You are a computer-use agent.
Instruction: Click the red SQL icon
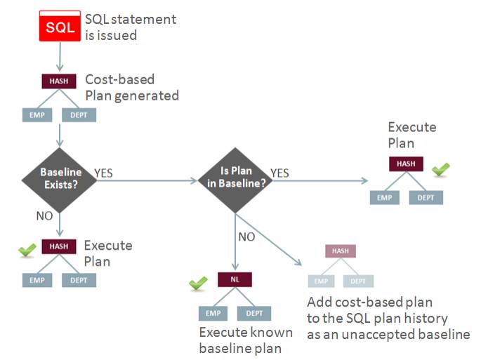pos(58,27)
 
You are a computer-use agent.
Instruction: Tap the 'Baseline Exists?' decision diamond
pos(60,178)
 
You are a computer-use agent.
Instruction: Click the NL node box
pos(236,279)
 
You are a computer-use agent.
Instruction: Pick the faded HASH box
pos(340,251)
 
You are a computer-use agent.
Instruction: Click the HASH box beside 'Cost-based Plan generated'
pos(59,81)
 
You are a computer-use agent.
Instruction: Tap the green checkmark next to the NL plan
pos(199,283)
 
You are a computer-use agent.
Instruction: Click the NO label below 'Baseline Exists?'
pos(45,215)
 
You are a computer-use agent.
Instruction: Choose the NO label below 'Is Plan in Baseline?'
pos(246,237)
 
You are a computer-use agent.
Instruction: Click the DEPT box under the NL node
pos(253,313)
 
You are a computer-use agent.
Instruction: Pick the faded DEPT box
pos(357,281)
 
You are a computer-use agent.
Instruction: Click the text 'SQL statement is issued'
pos(130,26)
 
